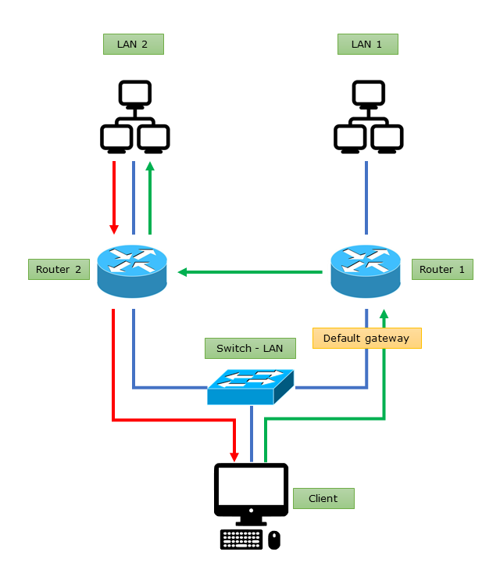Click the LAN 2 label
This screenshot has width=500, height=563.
tap(133, 44)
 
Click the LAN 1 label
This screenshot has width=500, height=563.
tap(367, 44)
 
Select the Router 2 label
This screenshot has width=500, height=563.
tap(59, 270)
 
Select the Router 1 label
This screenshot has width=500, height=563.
tap(442, 270)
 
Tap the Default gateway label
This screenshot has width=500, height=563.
tap(366, 338)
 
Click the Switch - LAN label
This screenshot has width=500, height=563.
tap(250, 348)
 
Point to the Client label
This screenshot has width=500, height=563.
tap(323, 498)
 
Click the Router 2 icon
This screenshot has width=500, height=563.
tap(133, 270)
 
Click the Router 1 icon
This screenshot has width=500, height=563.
tap(366, 270)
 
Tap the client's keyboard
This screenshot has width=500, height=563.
tap(241, 540)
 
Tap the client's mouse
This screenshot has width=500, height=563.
tap(274, 540)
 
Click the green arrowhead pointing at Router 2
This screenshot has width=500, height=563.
tap(183, 272)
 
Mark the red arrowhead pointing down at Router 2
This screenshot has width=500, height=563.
tap(114, 228)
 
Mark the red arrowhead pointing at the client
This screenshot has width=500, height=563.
tap(234, 455)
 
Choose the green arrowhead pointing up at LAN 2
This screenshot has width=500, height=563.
tap(150, 167)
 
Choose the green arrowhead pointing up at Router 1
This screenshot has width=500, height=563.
tap(384, 314)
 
